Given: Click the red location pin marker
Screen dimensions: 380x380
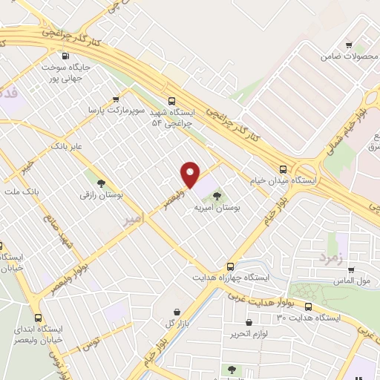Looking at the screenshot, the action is (x=191, y=175).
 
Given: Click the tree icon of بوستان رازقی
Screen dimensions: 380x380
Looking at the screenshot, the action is (x=100, y=183).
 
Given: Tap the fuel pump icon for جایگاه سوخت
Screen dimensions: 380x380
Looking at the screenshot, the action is (x=65, y=56).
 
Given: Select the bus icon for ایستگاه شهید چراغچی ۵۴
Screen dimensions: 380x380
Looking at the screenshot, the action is (x=172, y=101).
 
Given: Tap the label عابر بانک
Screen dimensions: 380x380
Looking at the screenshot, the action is (x=66, y=147).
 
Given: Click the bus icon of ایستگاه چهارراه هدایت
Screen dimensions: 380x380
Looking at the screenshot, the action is (x=230, y=266).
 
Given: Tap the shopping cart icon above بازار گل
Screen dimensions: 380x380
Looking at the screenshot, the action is (x=177, y=312).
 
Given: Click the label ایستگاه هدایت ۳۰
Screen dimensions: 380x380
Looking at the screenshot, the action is (x=309, y=318).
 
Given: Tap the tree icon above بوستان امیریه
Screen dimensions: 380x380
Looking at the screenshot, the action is (x=217, y=197).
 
